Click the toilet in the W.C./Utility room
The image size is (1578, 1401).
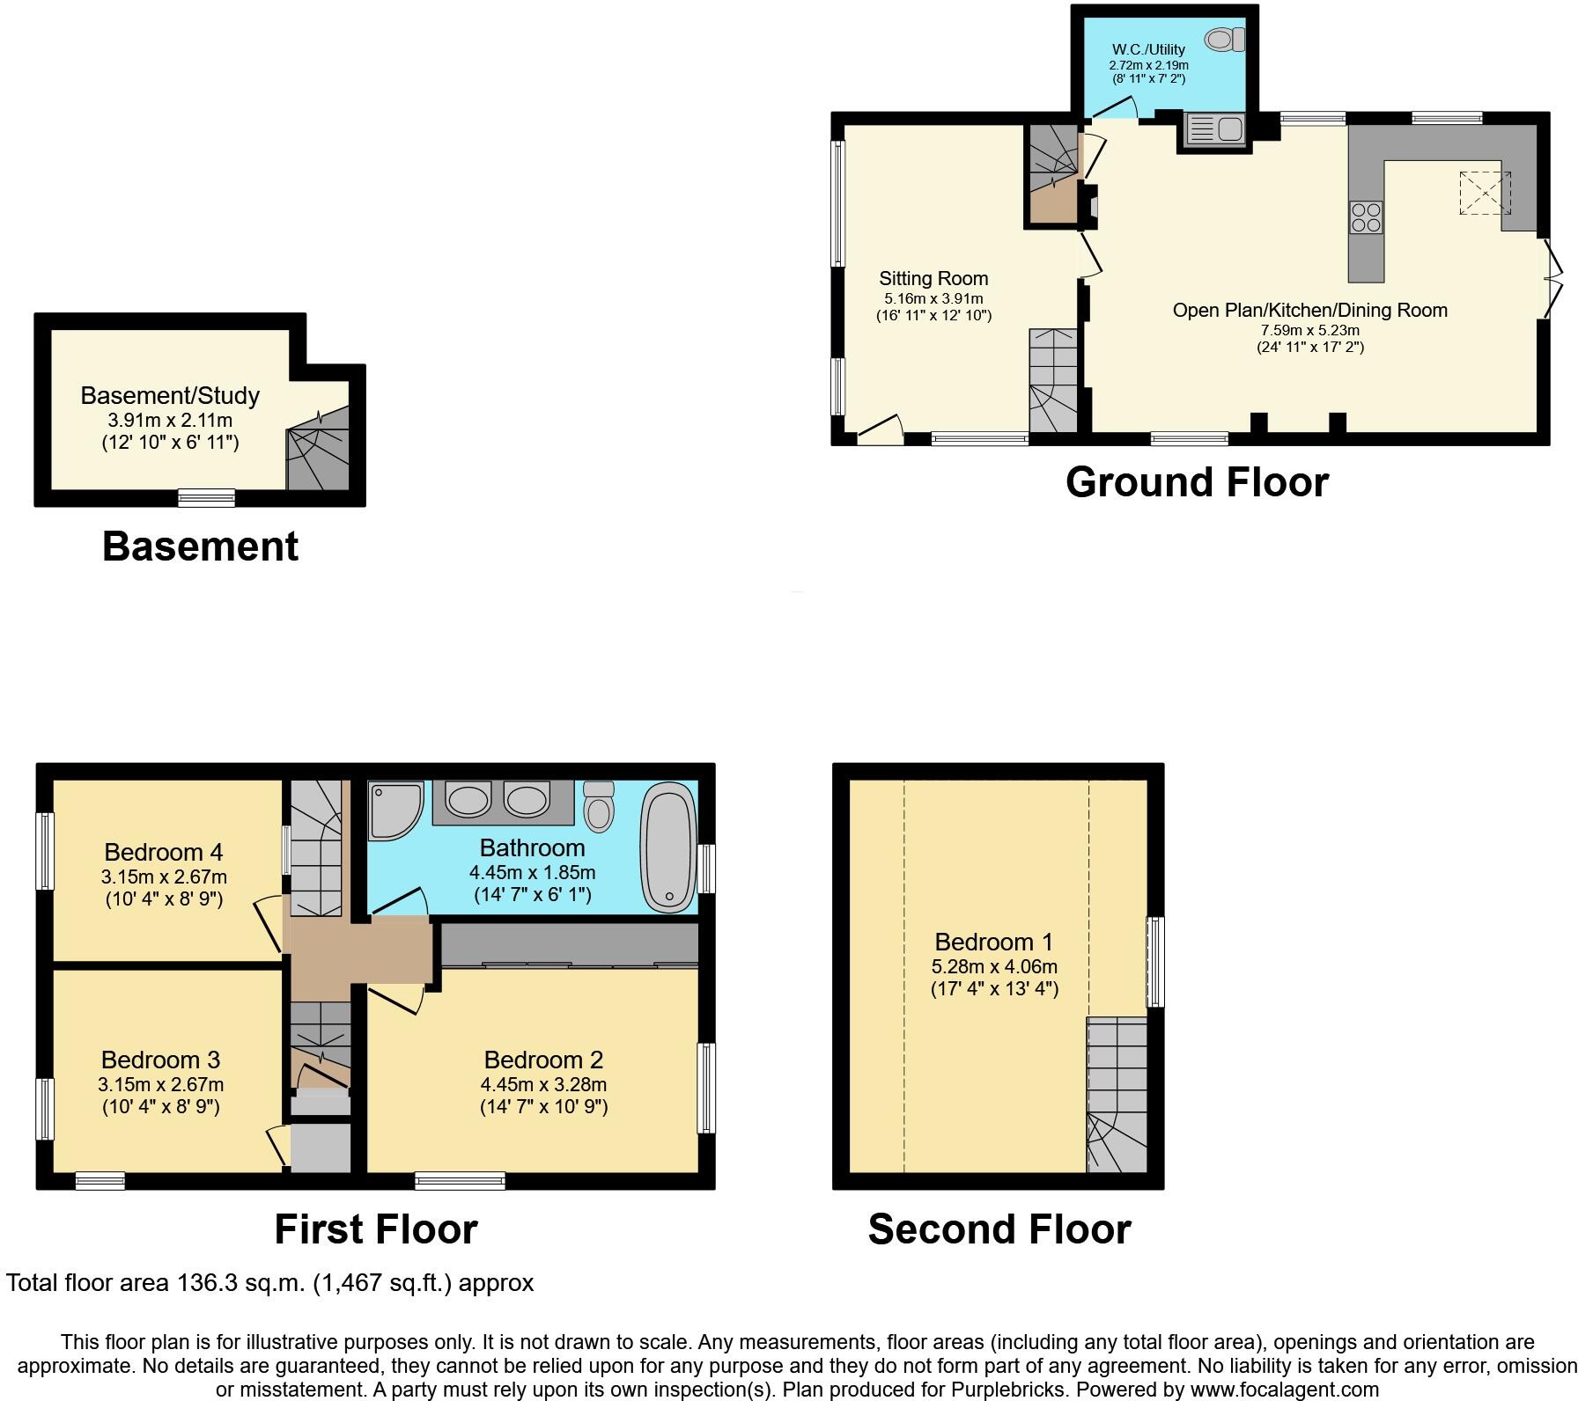click(1225, 40)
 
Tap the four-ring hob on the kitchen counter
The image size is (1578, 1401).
click(1366, 217)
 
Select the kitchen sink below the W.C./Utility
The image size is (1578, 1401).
click(1214, 130)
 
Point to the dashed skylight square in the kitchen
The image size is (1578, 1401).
click(1485, 193)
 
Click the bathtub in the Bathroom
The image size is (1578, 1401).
click(670, 847)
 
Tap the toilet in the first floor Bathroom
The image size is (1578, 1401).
click(600, 805)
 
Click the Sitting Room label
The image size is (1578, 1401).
click(933, 279)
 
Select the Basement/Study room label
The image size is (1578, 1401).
click(170, 395)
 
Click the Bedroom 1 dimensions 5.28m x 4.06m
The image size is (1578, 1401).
click(994, 966)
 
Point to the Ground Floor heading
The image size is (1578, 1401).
click(1196, 482)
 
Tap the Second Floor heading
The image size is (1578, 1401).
click(999, 1229)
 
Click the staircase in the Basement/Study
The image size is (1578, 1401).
click(319, 458)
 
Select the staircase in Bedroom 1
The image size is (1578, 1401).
click(1117, 1096)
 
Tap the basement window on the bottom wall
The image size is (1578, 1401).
click(206, 498)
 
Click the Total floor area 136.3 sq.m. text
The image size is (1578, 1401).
click(269, 1283)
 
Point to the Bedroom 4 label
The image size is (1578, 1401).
click(163, 852)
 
